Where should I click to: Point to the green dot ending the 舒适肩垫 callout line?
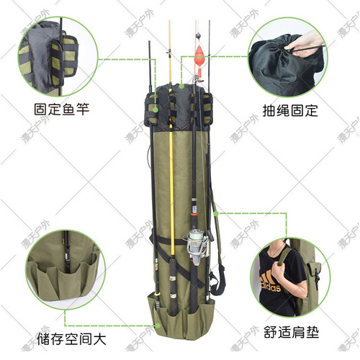coord(217,213)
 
